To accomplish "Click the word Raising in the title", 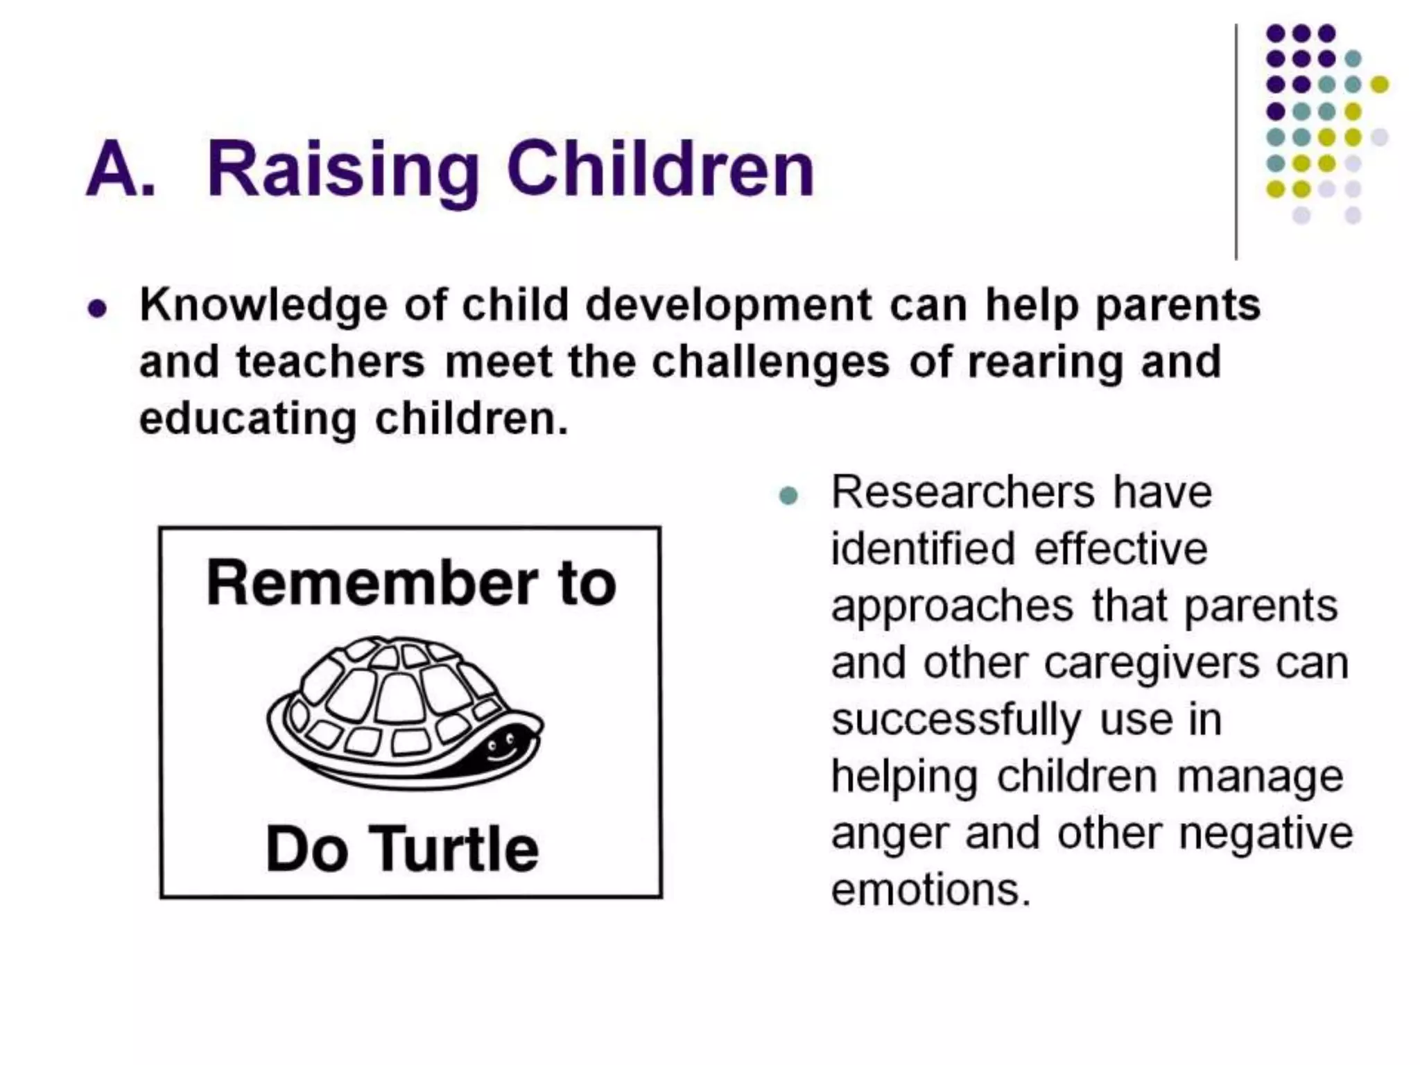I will point(343,170).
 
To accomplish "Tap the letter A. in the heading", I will point(120,170).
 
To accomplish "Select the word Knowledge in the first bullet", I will point(263,306).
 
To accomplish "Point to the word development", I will point(728,306).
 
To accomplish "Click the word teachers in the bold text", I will point(330,362).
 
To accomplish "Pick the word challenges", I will point(770,362).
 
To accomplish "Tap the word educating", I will point(248,419).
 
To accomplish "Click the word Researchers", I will point(962,492).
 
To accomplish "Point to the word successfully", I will point(956,720).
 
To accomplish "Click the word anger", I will point(889,833).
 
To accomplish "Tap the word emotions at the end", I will point(930,890).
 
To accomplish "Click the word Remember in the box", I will point(372,583).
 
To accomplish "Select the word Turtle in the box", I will point(457,849).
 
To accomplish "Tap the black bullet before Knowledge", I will point(98,308).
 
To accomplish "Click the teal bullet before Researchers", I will point(788,496).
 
